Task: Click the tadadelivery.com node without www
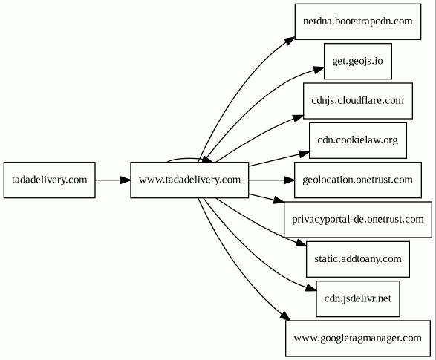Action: coord(50,180)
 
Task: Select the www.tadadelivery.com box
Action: coord(189,180)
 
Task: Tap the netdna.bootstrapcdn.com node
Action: coord(358,22)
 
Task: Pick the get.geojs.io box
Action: coord(358,61)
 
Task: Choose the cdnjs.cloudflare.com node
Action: coord(358,101)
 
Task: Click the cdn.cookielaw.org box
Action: coord(358,140)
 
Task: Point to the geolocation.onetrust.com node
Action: coord(358,180)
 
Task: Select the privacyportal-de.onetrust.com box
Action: coord(358,220)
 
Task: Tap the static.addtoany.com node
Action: coord(358,259)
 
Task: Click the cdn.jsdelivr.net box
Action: coord(358,298)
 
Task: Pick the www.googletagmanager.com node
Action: coord(358,338)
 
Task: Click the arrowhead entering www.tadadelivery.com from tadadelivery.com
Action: coord(126,180)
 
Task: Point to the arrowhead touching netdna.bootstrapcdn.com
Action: coord(290,41)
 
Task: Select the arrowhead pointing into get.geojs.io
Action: coord(319,70)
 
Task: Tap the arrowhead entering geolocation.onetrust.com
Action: coord(289,180)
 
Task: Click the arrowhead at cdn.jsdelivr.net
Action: coord(311,288)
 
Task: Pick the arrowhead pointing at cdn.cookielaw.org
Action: coord(305,154)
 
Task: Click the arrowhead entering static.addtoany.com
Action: coord(301,243)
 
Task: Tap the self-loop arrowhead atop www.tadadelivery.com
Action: coord(208,160)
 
